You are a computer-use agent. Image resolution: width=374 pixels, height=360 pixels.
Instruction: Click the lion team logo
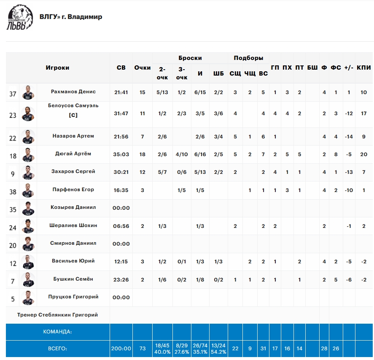click(x=19, y=17)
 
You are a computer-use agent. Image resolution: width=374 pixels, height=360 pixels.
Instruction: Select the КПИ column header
click(x=364, y=68)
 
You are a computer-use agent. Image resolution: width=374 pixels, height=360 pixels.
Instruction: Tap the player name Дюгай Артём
click(x=73, y=154)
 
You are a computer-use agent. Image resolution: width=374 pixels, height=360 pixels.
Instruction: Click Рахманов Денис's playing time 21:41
click(x=121, y=92)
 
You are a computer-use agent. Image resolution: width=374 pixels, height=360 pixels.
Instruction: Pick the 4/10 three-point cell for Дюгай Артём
click(x=182, y=154)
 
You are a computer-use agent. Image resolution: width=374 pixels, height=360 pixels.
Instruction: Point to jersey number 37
click(x=13, y=94)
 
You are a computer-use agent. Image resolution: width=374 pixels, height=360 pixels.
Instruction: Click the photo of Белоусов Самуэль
click(x=28, y=114)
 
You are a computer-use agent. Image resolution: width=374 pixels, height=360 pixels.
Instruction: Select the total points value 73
click(x=143, y=349)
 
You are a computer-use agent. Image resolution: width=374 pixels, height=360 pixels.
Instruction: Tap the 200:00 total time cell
click(x=121, y=349)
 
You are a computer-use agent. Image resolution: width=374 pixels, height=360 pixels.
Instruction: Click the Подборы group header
click(x=248, y=58)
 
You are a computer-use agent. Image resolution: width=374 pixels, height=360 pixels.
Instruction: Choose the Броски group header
click(x=190, y=58)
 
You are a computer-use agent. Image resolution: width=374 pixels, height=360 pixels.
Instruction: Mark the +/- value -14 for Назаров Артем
click(x=349, y=137)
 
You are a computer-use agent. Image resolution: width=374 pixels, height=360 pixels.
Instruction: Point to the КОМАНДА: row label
click(x=57, y=332)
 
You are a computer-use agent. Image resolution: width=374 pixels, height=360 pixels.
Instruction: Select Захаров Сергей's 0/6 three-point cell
click(x=182, y=172)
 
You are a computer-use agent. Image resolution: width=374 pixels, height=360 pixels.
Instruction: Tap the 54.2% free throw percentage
click(x=218, y=352)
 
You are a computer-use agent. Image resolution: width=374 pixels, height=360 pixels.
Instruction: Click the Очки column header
click(x=143, y=68)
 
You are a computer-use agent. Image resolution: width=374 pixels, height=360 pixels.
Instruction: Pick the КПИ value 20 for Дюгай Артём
click(x=364, y=154)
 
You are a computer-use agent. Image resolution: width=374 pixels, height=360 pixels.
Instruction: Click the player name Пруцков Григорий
click(x=73, y=297)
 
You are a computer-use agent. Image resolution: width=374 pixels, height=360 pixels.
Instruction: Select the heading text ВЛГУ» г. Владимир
click(x=71, y=17)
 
